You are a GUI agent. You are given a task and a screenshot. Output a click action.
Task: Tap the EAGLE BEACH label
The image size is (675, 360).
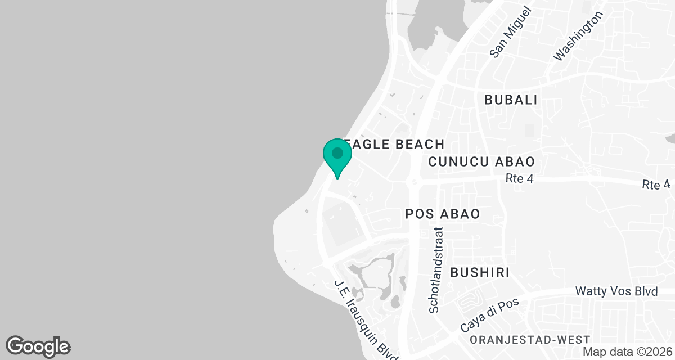(397, 144)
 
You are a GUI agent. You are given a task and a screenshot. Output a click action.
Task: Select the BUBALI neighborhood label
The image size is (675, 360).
(511, 100)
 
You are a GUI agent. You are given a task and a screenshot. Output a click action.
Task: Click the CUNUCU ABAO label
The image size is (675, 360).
(481, 162)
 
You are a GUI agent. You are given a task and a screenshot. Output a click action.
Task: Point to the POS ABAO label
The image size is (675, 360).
(443, 214)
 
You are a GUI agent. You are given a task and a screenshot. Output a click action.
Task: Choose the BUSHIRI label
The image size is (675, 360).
(480, 273)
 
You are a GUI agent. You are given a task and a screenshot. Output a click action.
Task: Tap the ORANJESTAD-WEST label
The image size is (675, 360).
(530, 340)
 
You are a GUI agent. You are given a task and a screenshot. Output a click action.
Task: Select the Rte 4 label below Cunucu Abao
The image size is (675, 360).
(519, 179)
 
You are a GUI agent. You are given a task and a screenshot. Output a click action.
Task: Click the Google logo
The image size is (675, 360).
(38, 346)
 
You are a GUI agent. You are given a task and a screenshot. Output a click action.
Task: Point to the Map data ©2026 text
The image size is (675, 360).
(627, 352)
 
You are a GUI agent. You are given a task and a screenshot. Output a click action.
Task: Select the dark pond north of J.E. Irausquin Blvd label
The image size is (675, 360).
(374, 276)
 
